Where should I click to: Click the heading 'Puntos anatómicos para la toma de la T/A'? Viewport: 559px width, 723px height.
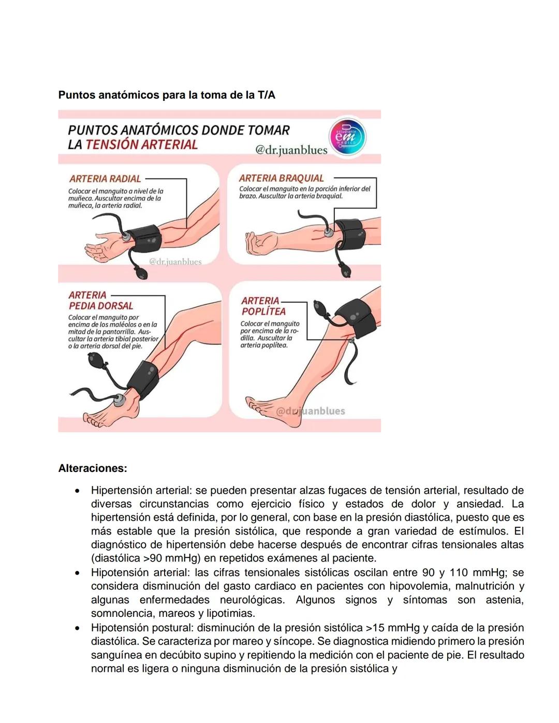167,95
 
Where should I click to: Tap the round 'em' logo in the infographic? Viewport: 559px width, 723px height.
347,137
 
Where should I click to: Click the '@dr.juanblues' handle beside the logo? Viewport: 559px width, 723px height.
291,150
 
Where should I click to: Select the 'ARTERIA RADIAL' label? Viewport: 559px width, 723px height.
105,179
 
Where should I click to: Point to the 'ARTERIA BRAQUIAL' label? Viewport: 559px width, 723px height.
281,178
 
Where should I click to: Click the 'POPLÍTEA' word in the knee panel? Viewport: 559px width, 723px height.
263,312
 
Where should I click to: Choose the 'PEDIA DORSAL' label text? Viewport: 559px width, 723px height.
101,306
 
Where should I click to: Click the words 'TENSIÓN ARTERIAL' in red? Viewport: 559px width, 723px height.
141,144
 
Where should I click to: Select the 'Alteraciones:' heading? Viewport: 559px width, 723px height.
93,468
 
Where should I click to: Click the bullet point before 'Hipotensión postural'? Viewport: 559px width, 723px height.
77,628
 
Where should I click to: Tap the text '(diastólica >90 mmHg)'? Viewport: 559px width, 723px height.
146,558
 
